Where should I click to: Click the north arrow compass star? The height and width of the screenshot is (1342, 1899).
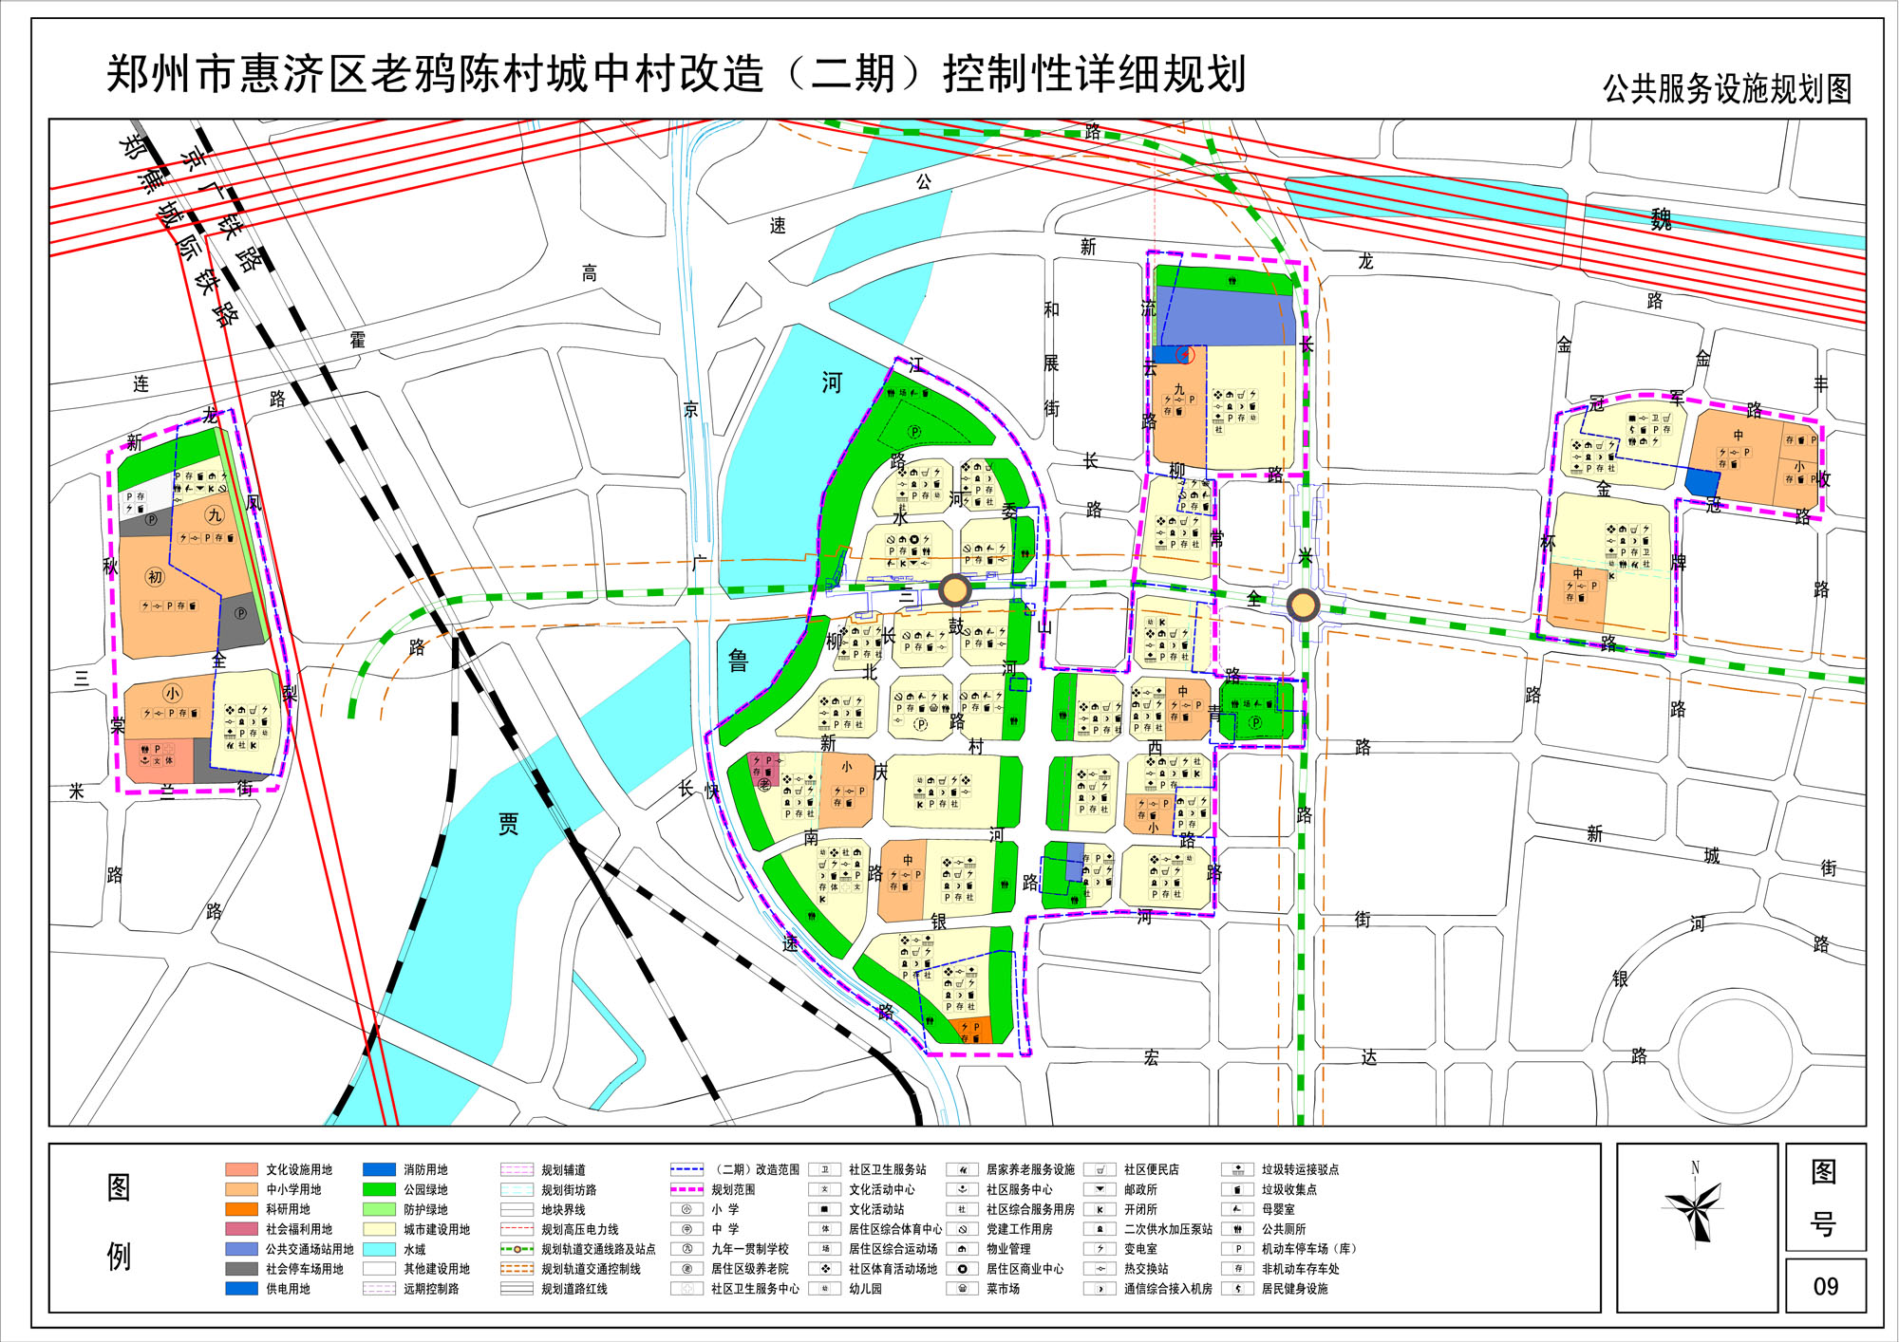[x=1695, y=1211]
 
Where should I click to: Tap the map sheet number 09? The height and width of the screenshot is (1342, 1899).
[x=1825, y=1287]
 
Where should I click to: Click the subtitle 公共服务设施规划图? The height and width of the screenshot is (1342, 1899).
[x=1727, y=89]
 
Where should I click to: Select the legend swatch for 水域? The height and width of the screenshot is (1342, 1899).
[x=379, y=1249]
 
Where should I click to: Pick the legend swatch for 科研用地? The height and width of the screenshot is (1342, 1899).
[x=241, y=1209]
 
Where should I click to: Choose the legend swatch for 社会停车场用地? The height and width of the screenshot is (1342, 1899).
[x=241, y=1269]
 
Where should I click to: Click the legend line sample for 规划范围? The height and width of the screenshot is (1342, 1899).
[x=686, y=1189]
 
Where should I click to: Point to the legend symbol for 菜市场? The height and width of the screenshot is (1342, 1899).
[x=962, y=1289]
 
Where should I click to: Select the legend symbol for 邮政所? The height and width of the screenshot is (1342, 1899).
[x=1100, y=1189]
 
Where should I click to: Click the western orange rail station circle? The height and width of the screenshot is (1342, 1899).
[x=954, y=590]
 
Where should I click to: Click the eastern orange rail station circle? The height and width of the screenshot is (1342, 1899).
[x=1304, y=605]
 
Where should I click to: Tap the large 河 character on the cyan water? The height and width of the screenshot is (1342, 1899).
[x=832, y=383]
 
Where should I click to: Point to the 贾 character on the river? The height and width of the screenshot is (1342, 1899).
[x=509, y=824]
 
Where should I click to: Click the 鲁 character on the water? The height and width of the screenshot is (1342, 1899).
[x=739, y=662]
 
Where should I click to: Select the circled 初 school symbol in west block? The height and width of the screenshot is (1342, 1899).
[x=155, y=577]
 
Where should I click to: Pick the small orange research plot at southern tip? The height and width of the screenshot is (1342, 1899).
[x=972, y=1031]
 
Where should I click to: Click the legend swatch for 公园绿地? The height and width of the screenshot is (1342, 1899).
[x=379, y=1189]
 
